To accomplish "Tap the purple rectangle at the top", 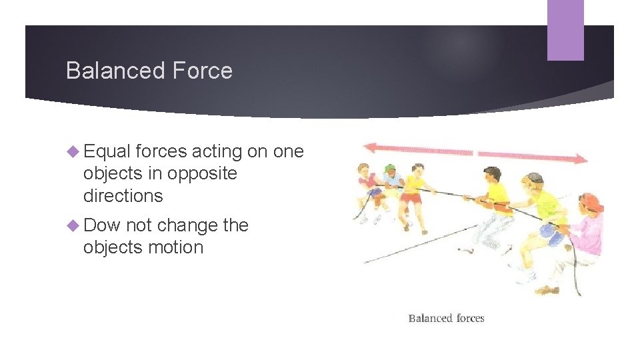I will (x=565, y=29).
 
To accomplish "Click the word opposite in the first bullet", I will (x=202, y=173).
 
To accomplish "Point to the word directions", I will (x=123, y=195).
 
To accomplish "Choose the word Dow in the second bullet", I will (x=101, y=225).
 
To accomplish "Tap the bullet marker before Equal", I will (x=73, y=152).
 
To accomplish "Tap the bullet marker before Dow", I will (x=73, y=225).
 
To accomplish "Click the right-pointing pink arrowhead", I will (x=581, y=159).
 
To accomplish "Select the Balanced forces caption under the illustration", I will (x=446, y=318).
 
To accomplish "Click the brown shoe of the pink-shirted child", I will (x=549, y=291).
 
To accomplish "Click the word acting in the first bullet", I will (x=217, y=152).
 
